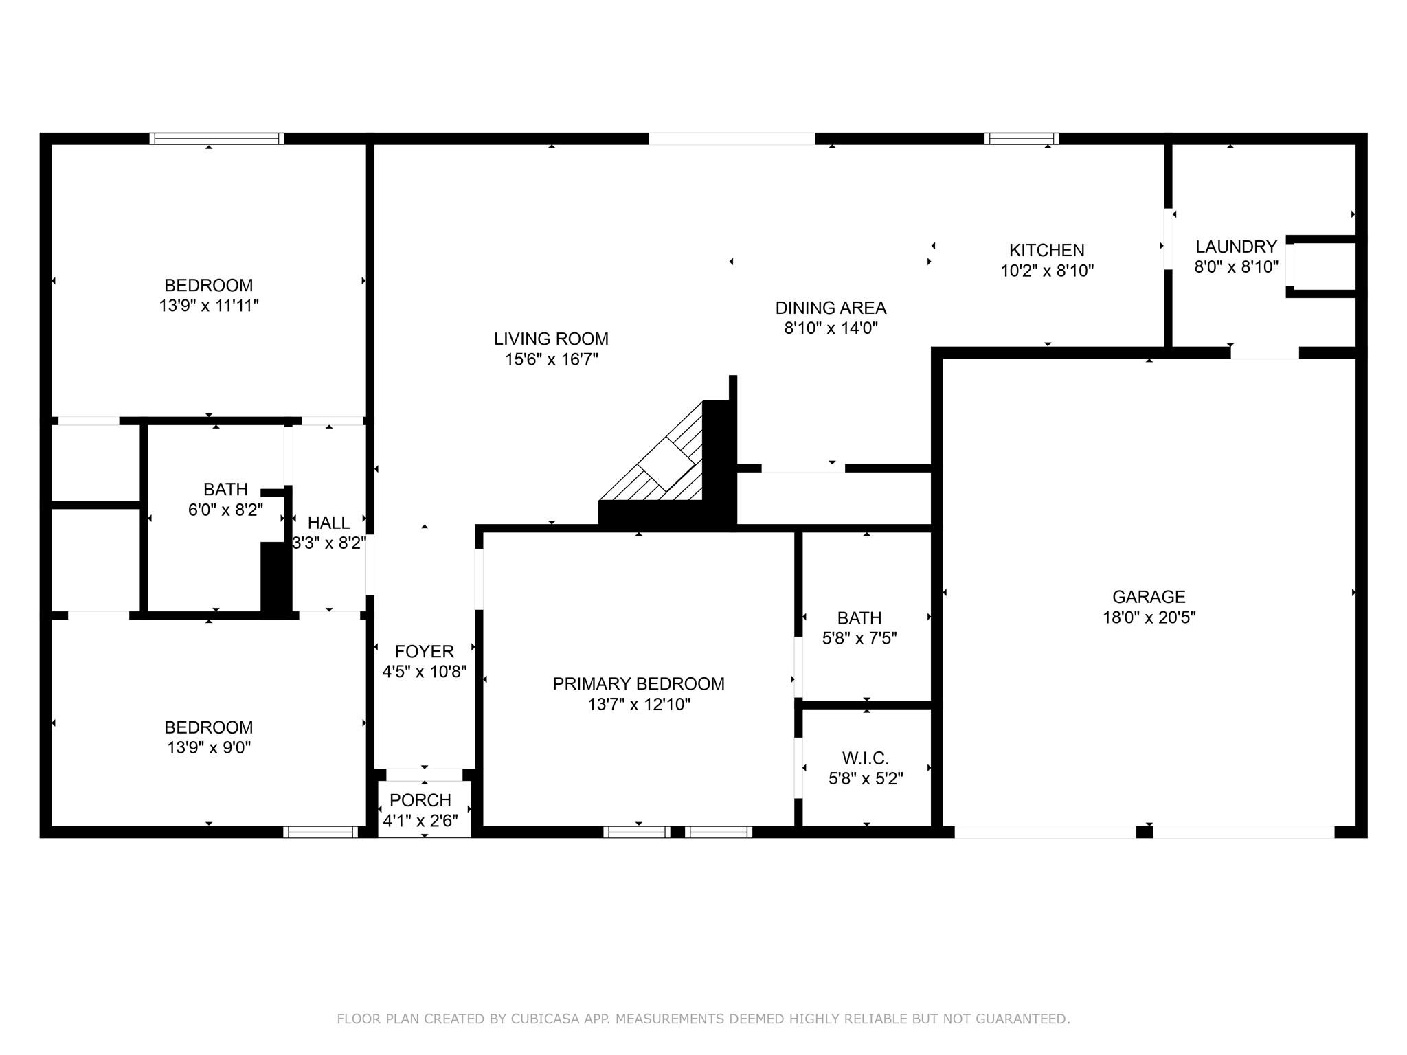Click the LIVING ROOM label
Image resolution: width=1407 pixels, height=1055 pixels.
pyautogui.click(x=551, y=339)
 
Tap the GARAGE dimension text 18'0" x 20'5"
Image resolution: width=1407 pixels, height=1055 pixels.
pyautogui.click(x=1149, y=617)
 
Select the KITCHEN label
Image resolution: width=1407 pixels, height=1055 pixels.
pyautogui.click(x=1046, y=250)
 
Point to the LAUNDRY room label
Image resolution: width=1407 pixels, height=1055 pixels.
pyautogui.click(x=1236, y=247)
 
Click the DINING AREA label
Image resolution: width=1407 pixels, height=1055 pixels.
pyautogui.click(x=831, y=308)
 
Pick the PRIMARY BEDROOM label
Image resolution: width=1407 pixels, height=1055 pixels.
pyautogui.click(x=638, y=683)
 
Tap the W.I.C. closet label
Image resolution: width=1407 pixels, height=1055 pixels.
pyautogui.click(x=865, y=758)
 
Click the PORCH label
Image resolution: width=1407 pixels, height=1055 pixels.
pyautogui.click(x=420, y=800)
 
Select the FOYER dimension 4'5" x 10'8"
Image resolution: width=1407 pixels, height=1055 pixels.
pyautogui.click(x=424, y=671)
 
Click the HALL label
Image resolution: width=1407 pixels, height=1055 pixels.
pyautogui.click(x=328, y=523)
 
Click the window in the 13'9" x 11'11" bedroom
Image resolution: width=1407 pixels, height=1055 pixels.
pyautogui.click(x=216, y=139)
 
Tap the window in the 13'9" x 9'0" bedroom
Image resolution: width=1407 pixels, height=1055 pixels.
pyautogui.click(x=320, y=832)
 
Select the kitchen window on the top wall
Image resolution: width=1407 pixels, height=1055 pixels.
pyautogui.click(x=1021, y=139)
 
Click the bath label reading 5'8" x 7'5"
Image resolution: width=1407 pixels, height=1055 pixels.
pyautogui.click(x=859, y=638)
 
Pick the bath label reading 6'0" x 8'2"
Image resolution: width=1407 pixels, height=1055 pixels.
pyautogui.click(x=225, y=510)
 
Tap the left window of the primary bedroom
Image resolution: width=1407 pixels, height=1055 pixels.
pyautogui.click(x=637, y=832)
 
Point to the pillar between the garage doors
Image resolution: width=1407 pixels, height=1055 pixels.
pyautogui.click(x=1144, y=832)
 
